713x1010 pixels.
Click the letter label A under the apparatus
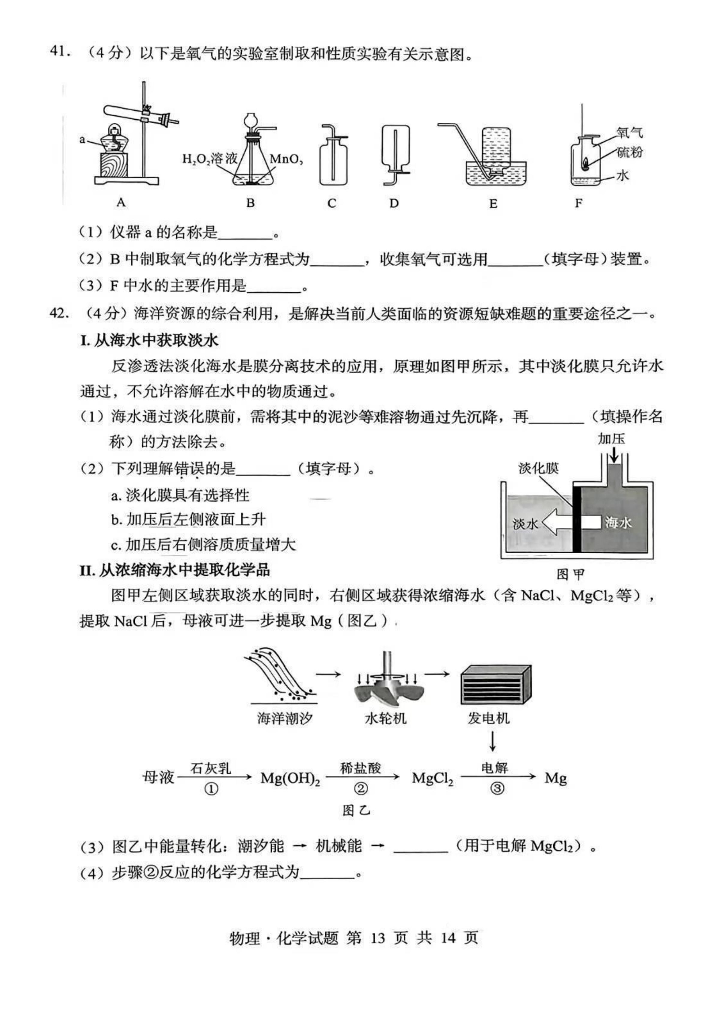pyautogui.click(x=121, y=202)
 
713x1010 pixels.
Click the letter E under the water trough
pyautogui.click(x=493, y=204)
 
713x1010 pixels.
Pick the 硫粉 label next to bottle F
pyautogui.click(x=629, y=152)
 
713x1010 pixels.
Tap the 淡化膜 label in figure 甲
pyautogui.click(x=538, y=468)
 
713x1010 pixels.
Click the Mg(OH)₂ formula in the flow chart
pyautogui.click(x=290, y=778)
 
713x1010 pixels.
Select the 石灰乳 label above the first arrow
pyautogui.click(x=211, y=768)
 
